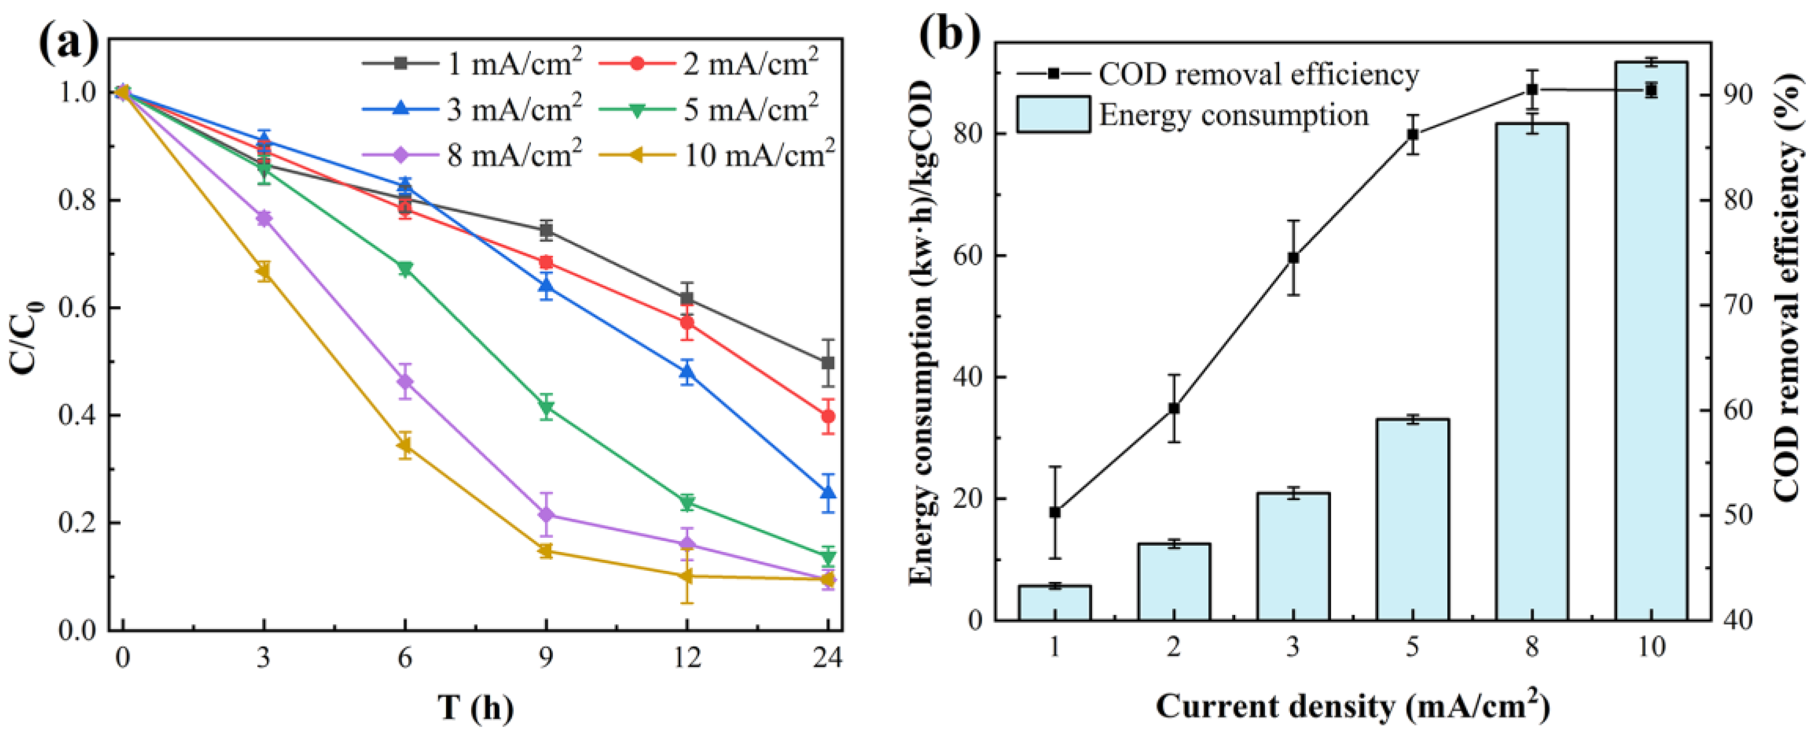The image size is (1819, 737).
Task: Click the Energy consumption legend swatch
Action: pos(1053,114)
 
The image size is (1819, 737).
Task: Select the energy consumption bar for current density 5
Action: pos(1412,519)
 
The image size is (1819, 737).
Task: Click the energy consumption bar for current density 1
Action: pos(1054,602)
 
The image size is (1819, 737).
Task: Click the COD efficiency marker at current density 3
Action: pos(1293,258)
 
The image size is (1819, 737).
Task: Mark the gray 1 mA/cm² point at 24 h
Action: pos(828,363)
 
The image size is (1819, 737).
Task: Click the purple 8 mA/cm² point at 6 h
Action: pos(405,382)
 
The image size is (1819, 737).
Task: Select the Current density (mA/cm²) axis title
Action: pos(1352,706)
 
